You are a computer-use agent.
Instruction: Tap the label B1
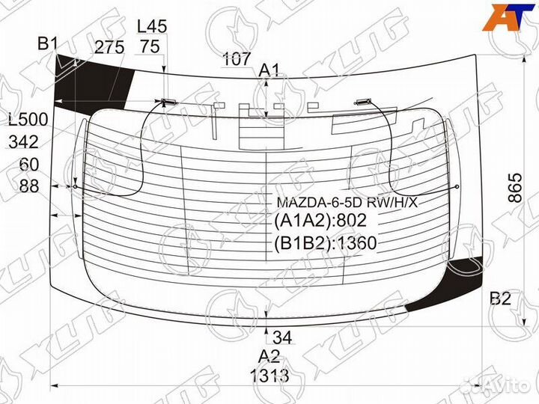pos(48,44)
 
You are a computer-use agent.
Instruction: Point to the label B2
pos(500,299)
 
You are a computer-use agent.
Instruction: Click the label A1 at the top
pos(269,71)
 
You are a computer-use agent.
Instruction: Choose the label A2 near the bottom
pos(269,356)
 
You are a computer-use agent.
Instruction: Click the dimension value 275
pos(109,47)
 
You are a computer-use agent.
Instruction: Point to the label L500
pos(28,120)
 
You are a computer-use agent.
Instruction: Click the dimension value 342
pos(24,142)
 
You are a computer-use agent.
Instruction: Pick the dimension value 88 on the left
pos(28,186)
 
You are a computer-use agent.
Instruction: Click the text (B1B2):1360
pos(325,242)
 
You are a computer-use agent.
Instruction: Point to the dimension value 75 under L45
pos(150,47)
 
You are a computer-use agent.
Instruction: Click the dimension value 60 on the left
pos(28,165)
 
